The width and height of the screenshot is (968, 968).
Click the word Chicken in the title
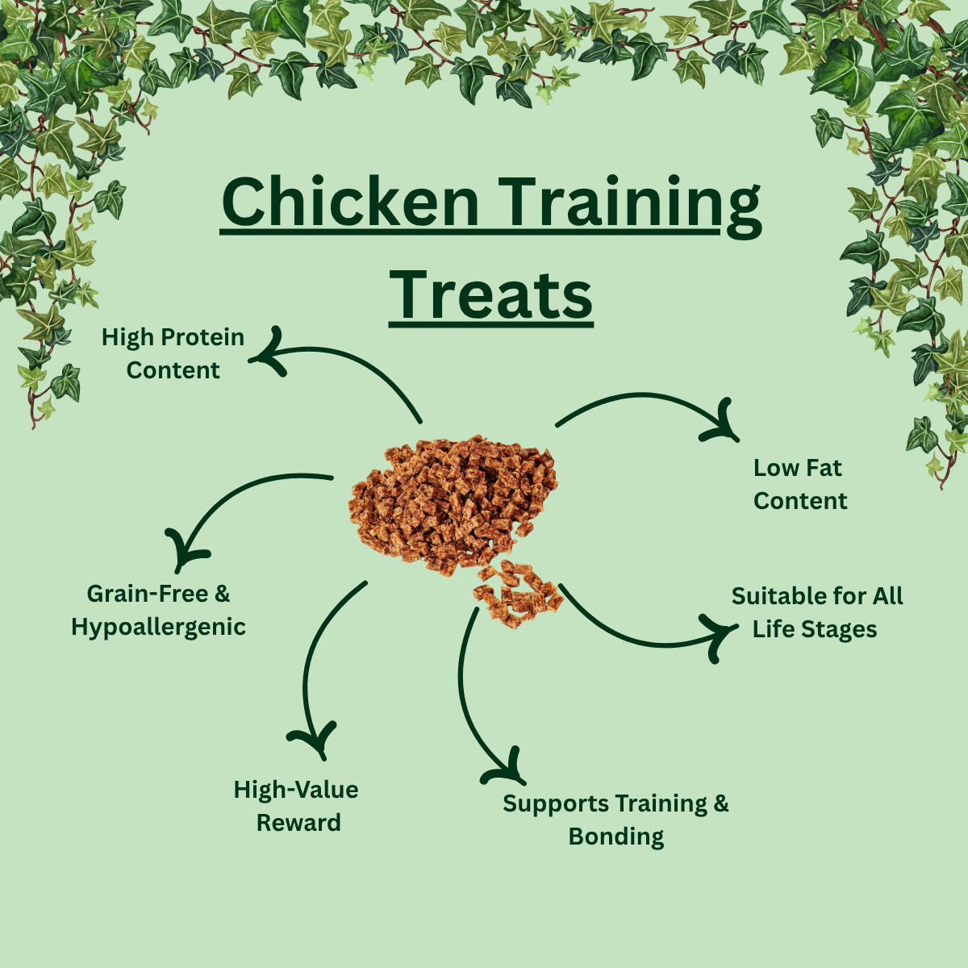[x=350, y=202]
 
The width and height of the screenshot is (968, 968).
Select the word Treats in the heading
[x=490, y=295]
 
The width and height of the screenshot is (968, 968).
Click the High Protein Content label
[x=173, y=353]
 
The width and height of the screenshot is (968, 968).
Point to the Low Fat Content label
[x=799, y=484]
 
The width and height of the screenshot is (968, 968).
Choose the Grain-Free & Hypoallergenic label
[x=158, y=611]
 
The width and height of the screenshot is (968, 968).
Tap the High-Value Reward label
[x=296, y=806]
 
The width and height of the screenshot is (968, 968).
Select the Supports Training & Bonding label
[x=615, y=820]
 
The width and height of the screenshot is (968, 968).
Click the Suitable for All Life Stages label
[x=817, y=613]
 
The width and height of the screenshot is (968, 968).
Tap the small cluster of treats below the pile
[x=517, y=594]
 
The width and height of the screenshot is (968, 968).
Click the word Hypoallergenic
[x=158, y=628]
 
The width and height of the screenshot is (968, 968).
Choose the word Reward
[x=298, y=823]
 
